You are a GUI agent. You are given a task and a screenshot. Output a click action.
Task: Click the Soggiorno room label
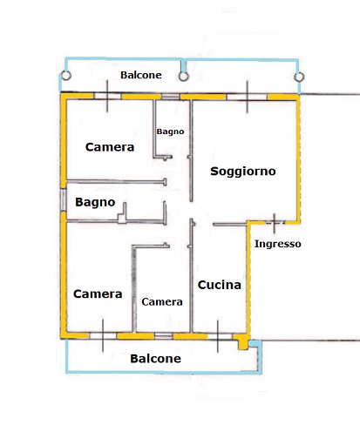click(243, 172)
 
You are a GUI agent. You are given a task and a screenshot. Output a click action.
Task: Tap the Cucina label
click(220, 285)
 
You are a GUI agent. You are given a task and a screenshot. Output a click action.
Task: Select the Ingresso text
click(277, 244)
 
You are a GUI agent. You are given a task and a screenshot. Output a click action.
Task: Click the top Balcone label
click(141, 75)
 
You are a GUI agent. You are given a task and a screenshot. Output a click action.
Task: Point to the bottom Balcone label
click(155, 359)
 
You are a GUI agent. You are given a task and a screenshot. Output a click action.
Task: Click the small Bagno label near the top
click(170, 132)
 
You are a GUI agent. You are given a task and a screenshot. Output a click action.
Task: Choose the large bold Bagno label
click(95, 202)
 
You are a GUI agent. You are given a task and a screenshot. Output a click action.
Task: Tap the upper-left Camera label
click(110, 147)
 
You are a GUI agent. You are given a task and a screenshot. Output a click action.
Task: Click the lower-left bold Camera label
click(98, 293)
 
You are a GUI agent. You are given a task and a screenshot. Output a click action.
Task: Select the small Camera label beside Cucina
click(162, 302)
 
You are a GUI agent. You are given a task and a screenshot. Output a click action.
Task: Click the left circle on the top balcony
click(66, 76)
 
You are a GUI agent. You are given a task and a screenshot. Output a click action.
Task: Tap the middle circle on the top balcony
click(183, 77)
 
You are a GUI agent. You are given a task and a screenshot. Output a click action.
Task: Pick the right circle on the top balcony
click(299, 78)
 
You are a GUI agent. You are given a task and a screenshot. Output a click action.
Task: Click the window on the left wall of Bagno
click(64, 199)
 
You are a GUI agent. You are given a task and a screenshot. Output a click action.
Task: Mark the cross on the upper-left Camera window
click(107, 96)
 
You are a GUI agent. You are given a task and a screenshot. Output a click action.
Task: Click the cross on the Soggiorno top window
click(248, 97)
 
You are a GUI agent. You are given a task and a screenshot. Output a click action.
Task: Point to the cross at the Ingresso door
click(275, 223)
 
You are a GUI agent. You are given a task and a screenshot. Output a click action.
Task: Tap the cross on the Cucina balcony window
click(218, 336)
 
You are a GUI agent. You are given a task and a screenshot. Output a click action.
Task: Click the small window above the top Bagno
click(171, 97)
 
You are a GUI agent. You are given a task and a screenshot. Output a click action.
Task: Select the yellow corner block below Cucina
click(242, 341)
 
